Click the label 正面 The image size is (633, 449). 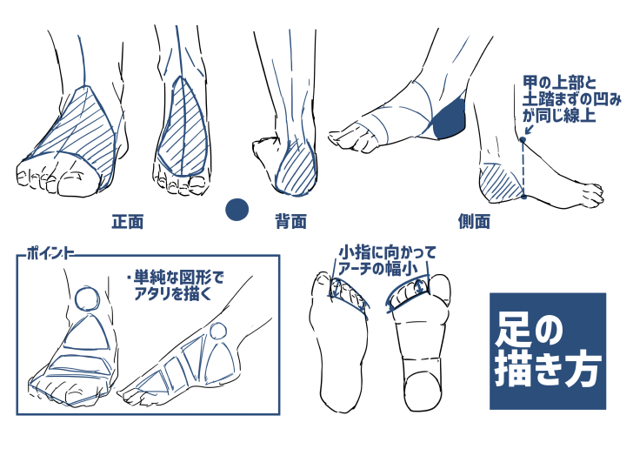coord(128,221)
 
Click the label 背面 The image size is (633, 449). coord(290,221)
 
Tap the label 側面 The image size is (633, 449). coord(474,221)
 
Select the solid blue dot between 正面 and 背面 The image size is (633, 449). coord(237,210)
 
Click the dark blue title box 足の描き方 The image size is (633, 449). coord(548,352)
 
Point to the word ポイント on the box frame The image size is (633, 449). coord(50,253)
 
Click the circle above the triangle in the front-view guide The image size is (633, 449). coord(87,298)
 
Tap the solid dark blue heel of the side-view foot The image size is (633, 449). coord(450,118)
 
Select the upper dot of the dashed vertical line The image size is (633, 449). coord(523,140)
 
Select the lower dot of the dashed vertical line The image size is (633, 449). coord(523,197)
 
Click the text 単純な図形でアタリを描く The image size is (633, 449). coord(176,285)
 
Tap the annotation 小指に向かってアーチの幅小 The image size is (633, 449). coord(387,261)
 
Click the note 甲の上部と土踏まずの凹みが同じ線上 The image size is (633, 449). coord(571,99)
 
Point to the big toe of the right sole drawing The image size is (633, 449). coord(440,289)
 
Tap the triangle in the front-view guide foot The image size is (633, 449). coord(87,332)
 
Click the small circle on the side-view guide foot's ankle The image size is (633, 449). coord(218,331)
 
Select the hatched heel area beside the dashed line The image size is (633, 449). coord(502,183)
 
